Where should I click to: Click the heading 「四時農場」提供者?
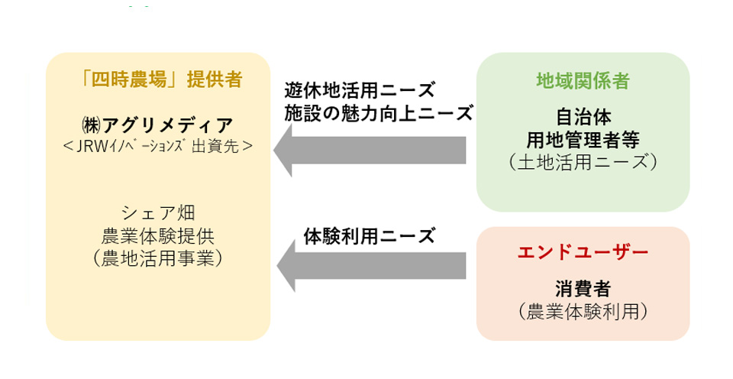(x=161, y=79)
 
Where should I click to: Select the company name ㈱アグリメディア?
(x=157, y=125)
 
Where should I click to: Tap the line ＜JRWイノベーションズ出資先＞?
(x=157, y=147)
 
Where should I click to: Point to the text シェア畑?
(x=158, y=213)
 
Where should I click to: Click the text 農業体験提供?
(x=158, y=236)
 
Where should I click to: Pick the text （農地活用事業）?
(x=158, y=259)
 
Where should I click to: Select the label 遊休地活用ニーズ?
(x=360, y=90)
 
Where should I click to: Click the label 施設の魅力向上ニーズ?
(x=379, y=113)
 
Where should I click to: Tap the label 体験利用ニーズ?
(x=370, y=236)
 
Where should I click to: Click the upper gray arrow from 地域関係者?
(x=370, y=151)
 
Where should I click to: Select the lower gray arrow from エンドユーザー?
(x=371, y=266)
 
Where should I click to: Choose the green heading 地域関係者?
(x=583, y=81)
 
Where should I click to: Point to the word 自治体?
(x=583, y=117)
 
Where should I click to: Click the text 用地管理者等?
(x=583, y=139)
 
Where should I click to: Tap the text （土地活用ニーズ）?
(x=583, y=162)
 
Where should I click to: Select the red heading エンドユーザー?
(x=583, y=253)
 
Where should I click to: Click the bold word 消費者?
(x=583, y=289)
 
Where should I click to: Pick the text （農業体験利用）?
(x=583, y=311)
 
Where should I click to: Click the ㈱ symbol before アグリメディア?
(x=91, y=126)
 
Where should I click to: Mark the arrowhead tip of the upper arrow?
(x=273, y=151)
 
